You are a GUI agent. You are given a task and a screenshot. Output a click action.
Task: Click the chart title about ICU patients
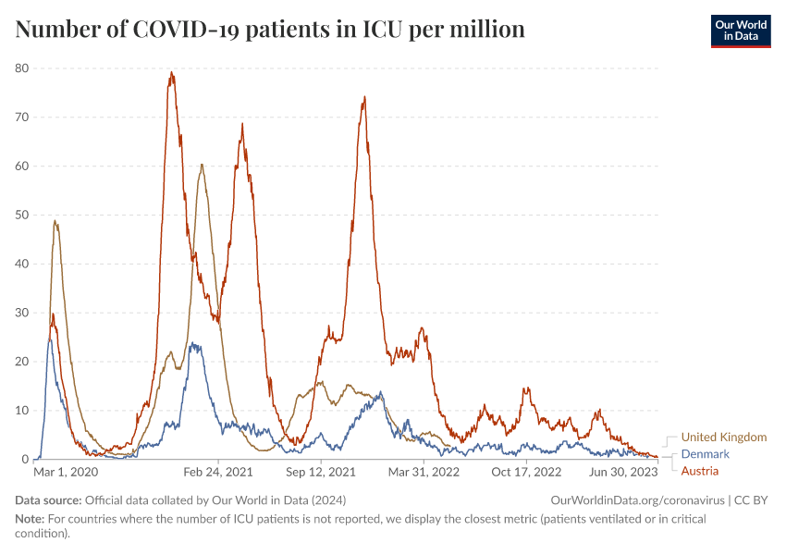[x=270, y=30]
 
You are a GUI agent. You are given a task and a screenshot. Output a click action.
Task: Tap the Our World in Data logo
[x=740, y=31]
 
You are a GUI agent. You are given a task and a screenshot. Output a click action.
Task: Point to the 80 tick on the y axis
[x=22, y=68]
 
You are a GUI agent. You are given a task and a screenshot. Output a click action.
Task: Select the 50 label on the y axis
[x=22, y=216]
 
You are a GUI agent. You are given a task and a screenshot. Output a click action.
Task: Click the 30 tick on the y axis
[x=22, y=313]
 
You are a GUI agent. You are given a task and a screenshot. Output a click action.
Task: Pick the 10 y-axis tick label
[x=22, y=411]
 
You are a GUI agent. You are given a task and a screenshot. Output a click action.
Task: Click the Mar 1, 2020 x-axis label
[x=66, y=473]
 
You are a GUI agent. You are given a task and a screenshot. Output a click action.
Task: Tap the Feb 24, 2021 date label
[x=218, y=473]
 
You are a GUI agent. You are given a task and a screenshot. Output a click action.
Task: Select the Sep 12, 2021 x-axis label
[x=321, y=473]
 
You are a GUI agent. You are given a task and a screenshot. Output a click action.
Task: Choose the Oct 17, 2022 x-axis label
[x=525, y=473]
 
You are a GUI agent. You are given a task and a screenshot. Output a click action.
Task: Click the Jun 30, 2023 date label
[x=623, y=473]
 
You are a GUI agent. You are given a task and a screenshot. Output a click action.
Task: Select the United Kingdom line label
[x=723, y=438]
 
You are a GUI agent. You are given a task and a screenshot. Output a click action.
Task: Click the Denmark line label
[x=705, y=454]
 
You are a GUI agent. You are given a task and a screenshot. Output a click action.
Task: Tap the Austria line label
[x=699, y=471]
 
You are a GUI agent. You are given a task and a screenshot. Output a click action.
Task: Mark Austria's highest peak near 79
[x=171, y=73]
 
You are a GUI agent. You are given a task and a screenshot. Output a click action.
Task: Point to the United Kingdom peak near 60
[x=202, y=166]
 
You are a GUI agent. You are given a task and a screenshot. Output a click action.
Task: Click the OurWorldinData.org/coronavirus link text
[x=637, y=500]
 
